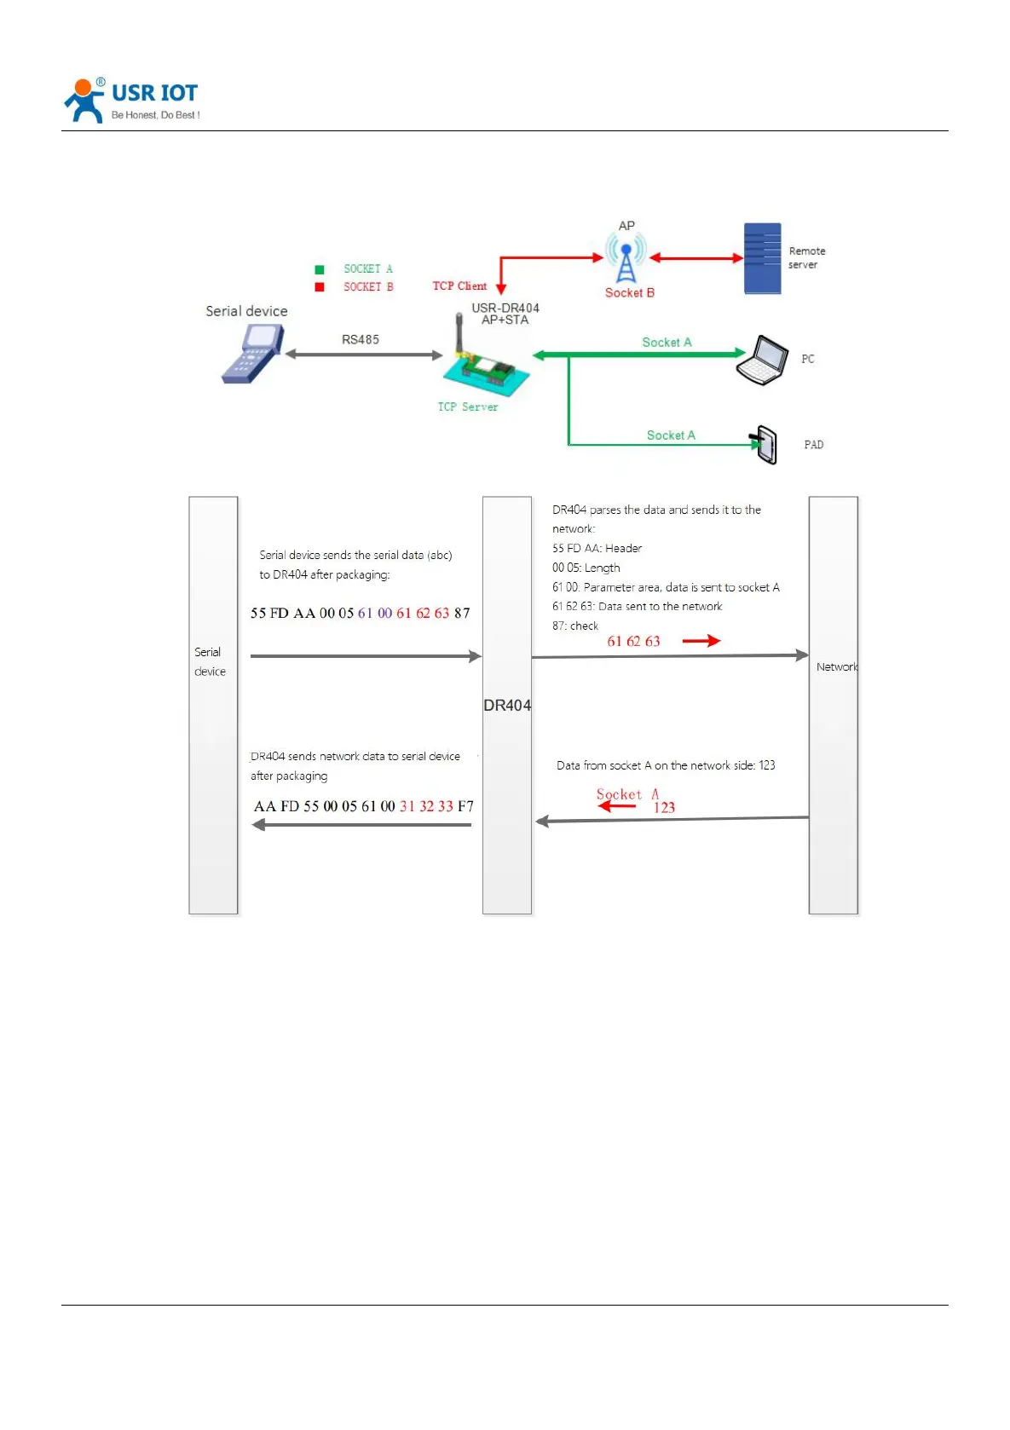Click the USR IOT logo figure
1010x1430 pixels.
(x=84, y=101)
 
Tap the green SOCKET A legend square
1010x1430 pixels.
(x=320, y=269)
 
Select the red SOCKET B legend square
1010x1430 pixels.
(x=320, y=287)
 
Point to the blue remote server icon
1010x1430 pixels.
(x=762, y=259)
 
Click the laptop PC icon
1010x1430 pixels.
(x=762, y=360)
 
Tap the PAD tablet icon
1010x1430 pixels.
(x=766, y=444)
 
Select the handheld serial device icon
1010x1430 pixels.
(x=251, y=354)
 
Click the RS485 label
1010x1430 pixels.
(x=361, y=339)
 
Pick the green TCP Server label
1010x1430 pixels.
(x=468, y=407)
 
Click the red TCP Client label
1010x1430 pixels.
(x=459, y=286)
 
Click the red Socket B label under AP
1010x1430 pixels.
(x=630, y=293)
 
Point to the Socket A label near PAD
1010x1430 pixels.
(x=671, y=435)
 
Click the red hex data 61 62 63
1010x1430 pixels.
(x=633, y=642)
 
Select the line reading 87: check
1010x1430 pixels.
(x=575, y=626)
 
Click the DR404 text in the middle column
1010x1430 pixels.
(x=507, y=706)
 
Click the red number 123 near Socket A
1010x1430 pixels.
(x=664, y=808)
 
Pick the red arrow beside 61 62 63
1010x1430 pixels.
(x=701, y=641)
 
